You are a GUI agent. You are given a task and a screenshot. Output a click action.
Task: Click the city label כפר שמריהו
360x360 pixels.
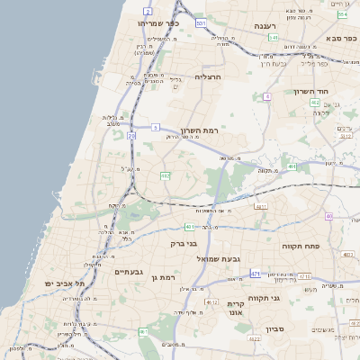(160, 22)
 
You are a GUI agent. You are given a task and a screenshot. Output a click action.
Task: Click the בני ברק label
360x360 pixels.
(184, 243)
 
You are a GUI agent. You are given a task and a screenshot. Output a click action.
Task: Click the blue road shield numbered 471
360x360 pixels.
(256, 273)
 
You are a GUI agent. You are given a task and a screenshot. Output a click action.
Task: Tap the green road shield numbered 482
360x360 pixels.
(165, 175)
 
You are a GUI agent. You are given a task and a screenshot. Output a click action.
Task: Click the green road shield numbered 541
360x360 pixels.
(272, 38)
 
